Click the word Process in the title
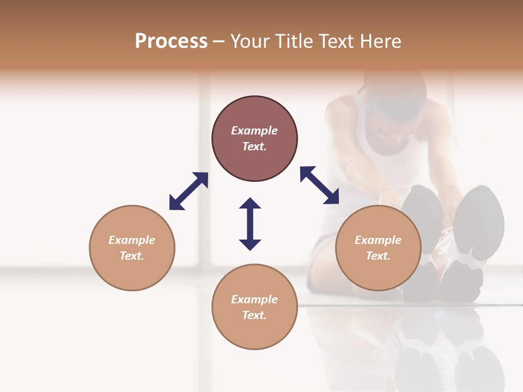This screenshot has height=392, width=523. click(171, 41)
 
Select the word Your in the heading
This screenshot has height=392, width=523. click(251, 41)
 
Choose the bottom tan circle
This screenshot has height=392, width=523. click(254, 332)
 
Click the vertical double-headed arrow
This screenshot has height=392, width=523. click(250, 224)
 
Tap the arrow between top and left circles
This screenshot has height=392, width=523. click(188, 191)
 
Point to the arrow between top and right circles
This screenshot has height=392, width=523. click(320, 185)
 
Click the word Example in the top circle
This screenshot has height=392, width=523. click(254, 131)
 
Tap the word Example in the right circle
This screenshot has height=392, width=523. click(378, 240)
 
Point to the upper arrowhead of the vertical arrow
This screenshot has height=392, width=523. click(250, 204)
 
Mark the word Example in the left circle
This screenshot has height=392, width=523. click(132, 240)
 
